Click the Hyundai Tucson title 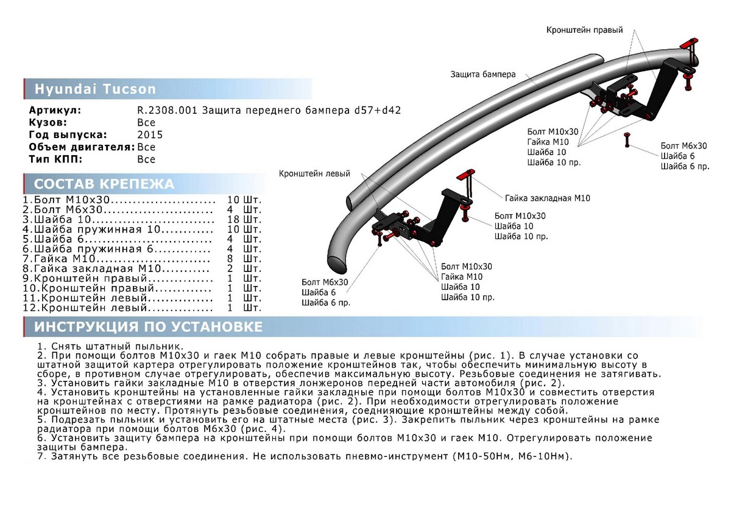click(x=94, y=89)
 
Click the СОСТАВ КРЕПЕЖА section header click(x=104, y=184)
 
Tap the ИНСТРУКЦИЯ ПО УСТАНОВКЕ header click(x=148, y=327)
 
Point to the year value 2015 click(x=149, y=135)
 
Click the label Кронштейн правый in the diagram click(x=584, y=30)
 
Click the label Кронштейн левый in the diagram click(x=314, y=173)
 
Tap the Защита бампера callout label click(x=483, y=74)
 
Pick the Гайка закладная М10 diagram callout click(x=547, y=198)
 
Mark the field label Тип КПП click(x=55, y=159)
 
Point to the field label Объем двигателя click(x=82, y=147)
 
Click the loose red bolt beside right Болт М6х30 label click(x=626, y=141)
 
